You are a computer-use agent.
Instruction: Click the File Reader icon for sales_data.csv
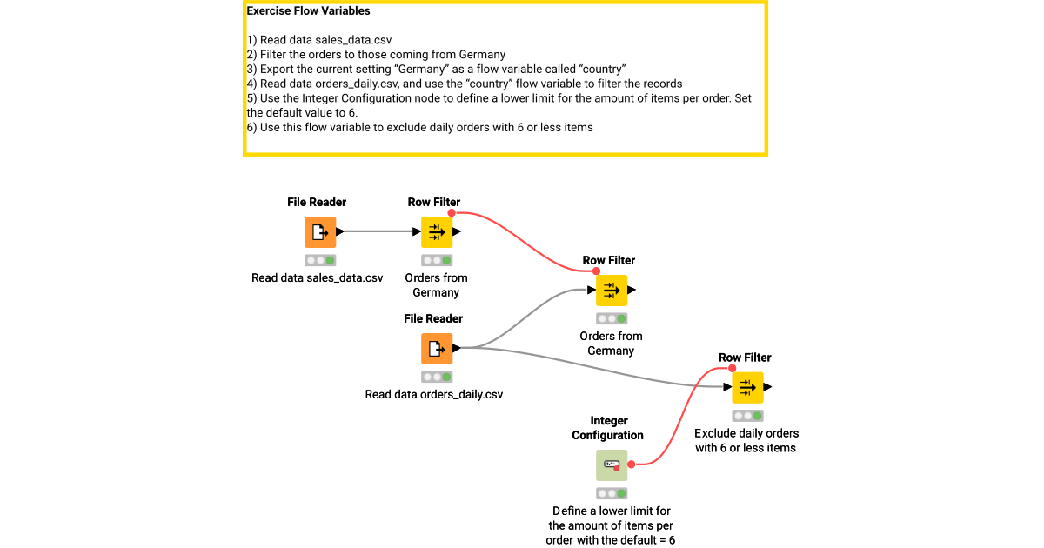point(320,232)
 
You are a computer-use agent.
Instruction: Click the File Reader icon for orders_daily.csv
point(437,349)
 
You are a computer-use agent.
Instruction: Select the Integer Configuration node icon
point(611,465)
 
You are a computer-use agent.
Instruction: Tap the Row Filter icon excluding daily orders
point(747,387)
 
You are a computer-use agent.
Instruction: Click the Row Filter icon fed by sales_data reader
point(437,232)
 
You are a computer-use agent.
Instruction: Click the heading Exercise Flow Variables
point(308,11)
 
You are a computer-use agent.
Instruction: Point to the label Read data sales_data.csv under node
point(318,278)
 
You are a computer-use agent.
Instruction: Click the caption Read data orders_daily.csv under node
point(434,395)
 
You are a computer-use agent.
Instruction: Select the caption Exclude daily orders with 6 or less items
point(746,440)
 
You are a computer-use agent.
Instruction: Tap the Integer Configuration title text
point(608,428)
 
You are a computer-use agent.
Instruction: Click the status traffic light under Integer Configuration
point(611,493)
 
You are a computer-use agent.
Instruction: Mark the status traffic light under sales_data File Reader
point(320,260)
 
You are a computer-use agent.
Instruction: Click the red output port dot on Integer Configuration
point(631,464)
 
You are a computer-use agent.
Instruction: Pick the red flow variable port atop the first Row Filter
point(452,212)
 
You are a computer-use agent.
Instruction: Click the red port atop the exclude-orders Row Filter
point(732,368)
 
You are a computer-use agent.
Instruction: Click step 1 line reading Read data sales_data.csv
point(315,40)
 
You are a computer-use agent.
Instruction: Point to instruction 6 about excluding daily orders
point(419,127)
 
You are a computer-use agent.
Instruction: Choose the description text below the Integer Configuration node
point(612,525)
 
